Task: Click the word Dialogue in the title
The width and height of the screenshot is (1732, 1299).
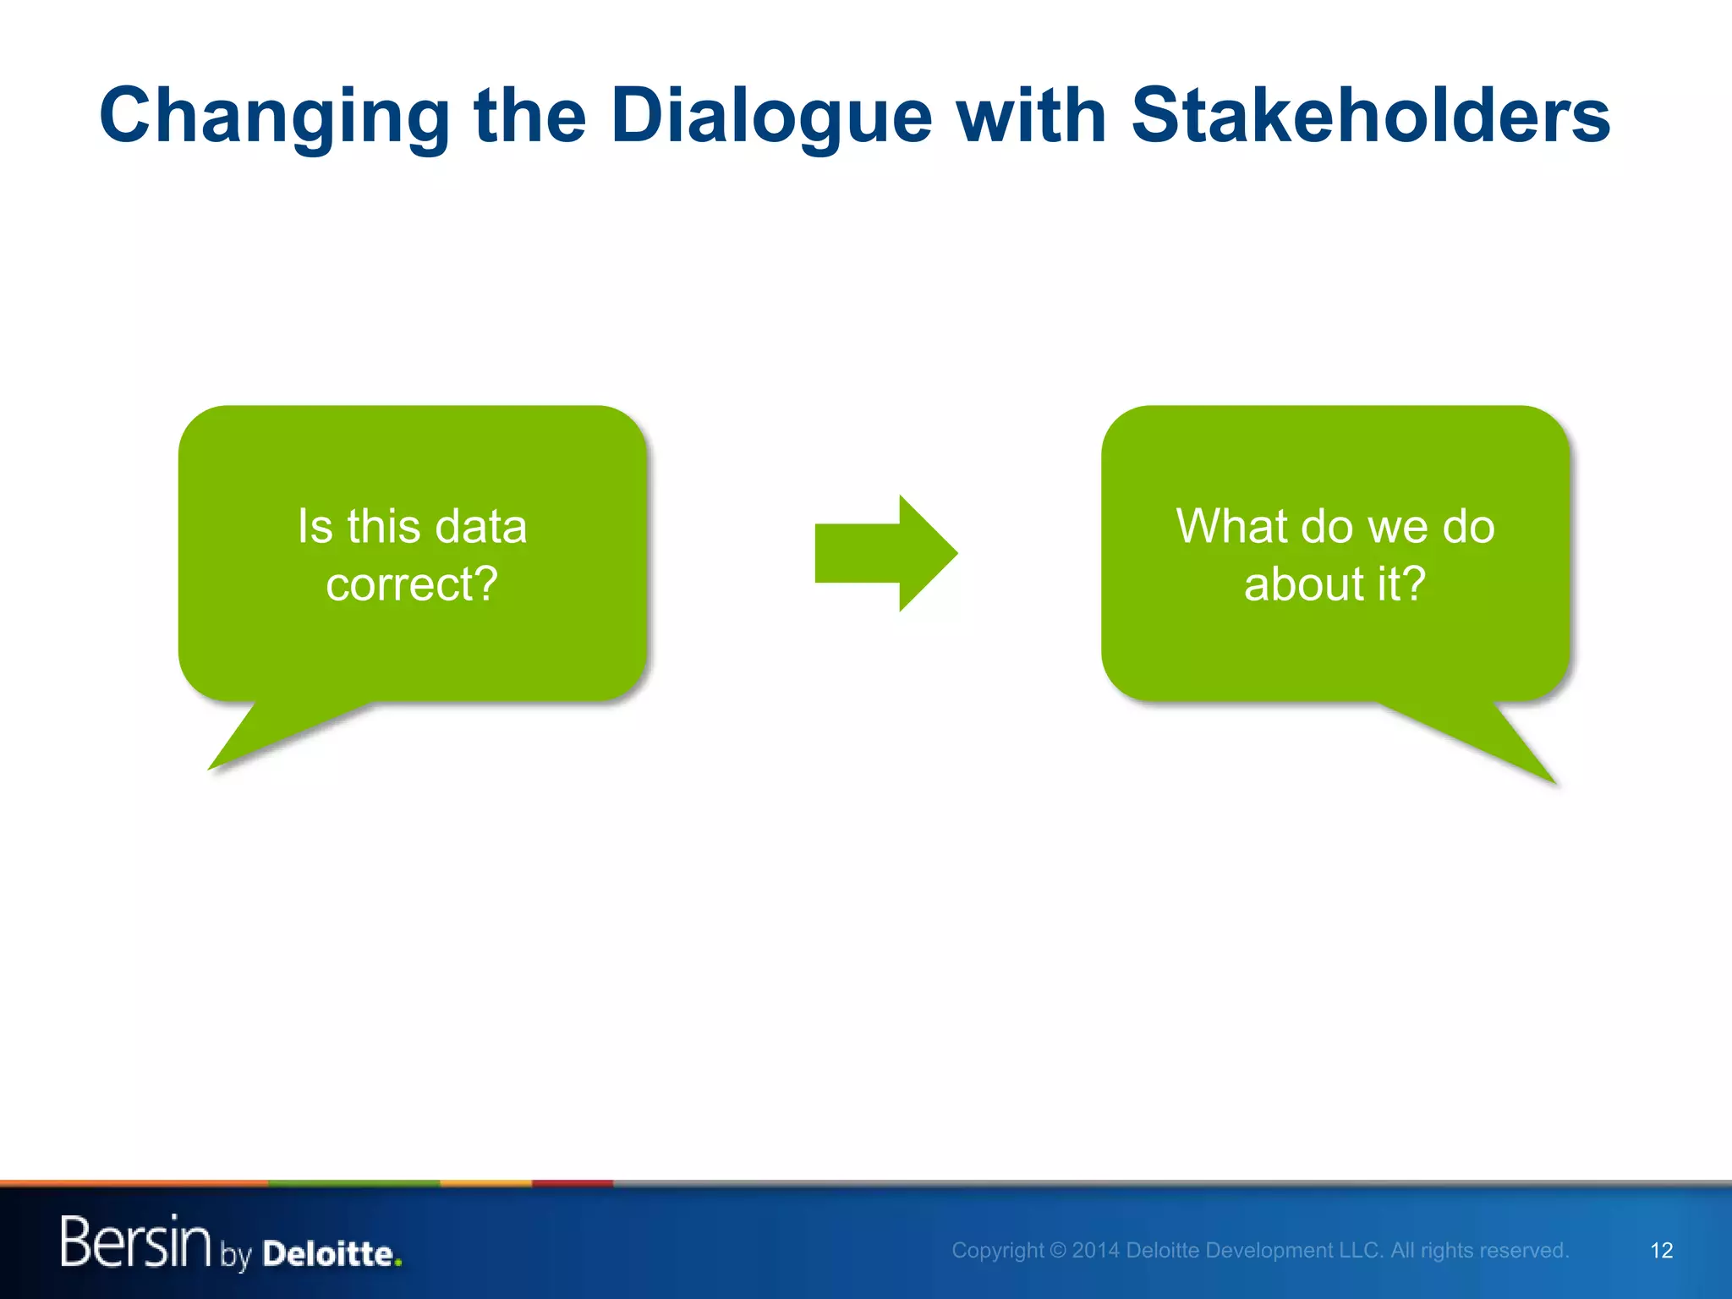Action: tap(770, 117)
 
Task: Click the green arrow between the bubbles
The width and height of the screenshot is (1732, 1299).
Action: tap(884, 553)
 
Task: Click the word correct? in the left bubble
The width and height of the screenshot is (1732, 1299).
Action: tap(412, 584)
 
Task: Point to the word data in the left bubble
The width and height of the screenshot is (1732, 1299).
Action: tap(480, 526)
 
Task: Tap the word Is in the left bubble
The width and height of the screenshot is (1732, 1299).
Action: tap(315, 526)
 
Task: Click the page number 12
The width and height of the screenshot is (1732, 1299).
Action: tap(1661, 1251)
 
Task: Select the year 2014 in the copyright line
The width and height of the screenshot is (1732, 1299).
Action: tap(1096, 1251)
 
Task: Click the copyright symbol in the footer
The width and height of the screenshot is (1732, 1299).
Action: tap(1057, 1251)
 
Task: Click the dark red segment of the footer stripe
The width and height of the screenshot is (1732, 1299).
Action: tap(572, 1183)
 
